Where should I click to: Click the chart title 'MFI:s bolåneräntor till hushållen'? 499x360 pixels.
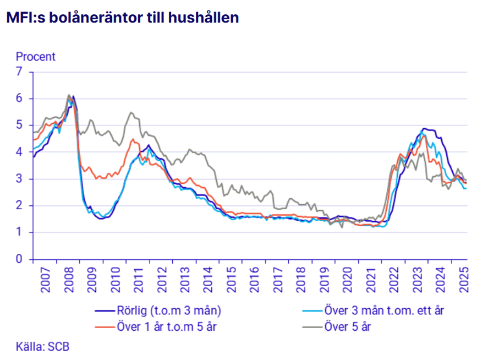pos(122,18)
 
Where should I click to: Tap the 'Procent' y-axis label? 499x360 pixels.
pos(36,57)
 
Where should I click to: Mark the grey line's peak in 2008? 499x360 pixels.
pos(69,95)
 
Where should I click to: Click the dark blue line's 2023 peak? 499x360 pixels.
pos(423,128)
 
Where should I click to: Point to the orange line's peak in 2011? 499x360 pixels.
pos(133,139)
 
